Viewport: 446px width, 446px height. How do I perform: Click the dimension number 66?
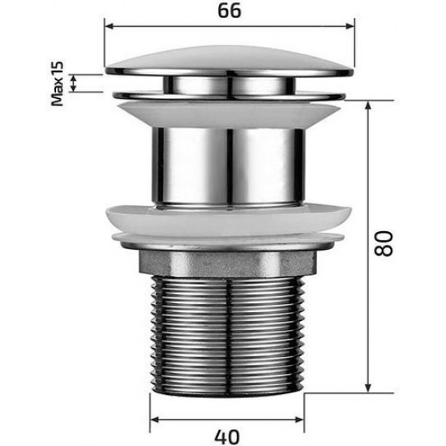point(230,13)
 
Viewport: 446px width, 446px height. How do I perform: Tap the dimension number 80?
point(384,241)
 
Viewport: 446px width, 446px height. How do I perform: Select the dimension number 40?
point(230,434)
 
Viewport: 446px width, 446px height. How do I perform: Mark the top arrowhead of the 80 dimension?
point(368,105)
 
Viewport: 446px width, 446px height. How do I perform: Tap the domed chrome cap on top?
point(230,57)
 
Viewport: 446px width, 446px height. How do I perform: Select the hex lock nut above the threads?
point(230,262)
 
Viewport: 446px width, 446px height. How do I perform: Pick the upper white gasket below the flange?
point(230,111)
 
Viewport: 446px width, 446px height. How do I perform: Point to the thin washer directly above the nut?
point(230,242)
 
